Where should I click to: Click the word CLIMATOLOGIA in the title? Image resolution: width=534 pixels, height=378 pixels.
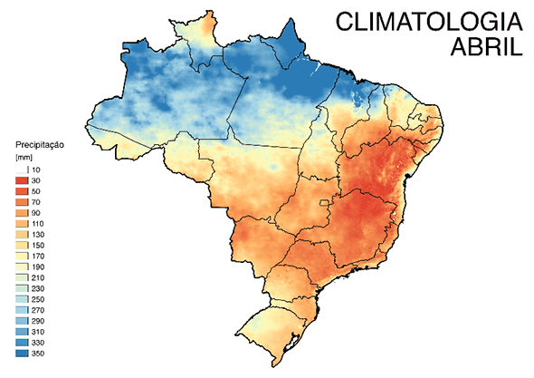[427, 24]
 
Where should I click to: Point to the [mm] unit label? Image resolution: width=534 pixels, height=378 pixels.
[24, 157]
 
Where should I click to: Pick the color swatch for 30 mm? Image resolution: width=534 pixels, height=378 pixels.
[22, 182]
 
